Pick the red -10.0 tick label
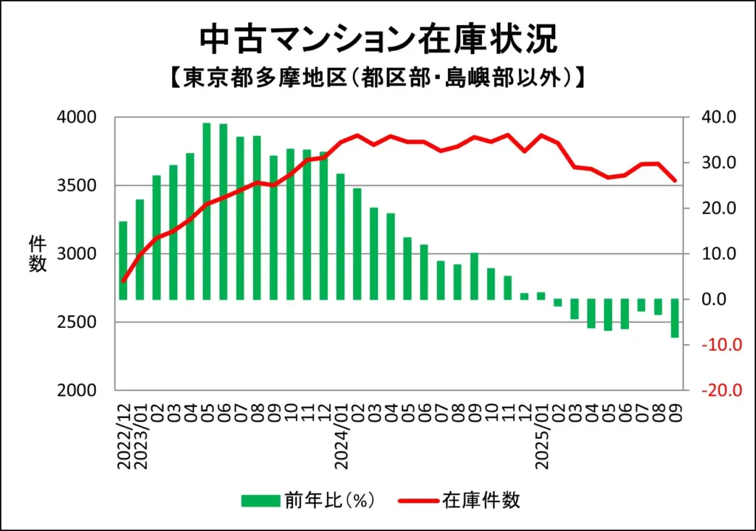point(712,346)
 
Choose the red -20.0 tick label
point(712,391)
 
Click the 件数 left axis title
point(38,253)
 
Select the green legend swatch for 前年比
point(261,501)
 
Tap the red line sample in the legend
point(418,501)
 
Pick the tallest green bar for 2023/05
point(207,211)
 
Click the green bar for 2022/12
point(123,260)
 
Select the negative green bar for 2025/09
point(674,318)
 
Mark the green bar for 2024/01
point(340,236)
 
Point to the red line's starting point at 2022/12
point(123,281)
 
